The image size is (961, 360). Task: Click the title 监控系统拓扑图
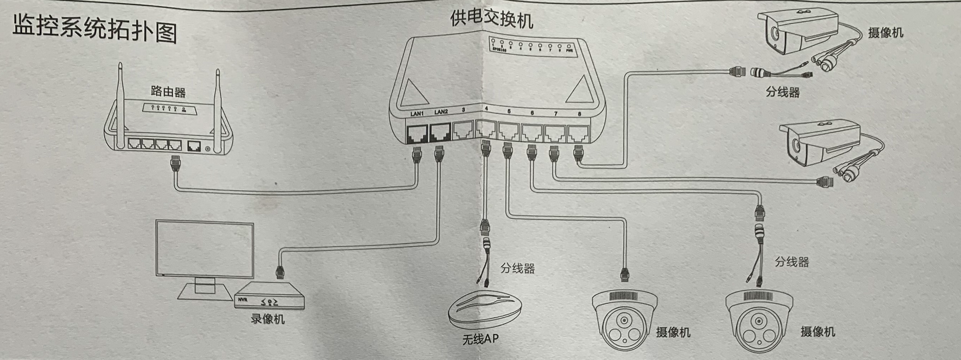point(95,29)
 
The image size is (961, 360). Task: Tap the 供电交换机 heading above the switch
point(491,19)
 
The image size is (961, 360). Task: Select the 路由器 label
point(168,92)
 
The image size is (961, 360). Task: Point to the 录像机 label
point(267,319)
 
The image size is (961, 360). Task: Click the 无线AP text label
point(480,339)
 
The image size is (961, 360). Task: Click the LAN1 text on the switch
point(417,113)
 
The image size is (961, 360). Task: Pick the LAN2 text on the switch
point(441,112)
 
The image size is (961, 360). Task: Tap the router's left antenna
point(121,106)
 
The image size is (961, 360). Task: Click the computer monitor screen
point(205,249)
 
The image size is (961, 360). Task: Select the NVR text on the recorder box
point(243,299)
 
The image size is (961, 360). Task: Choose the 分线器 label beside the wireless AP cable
point(518,268)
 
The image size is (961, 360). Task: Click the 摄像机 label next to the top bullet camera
point(885,33)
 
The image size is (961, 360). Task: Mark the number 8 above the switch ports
point(579,114)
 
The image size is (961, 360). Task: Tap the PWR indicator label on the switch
point(570,51)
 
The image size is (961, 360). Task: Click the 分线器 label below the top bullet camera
point(782,92)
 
